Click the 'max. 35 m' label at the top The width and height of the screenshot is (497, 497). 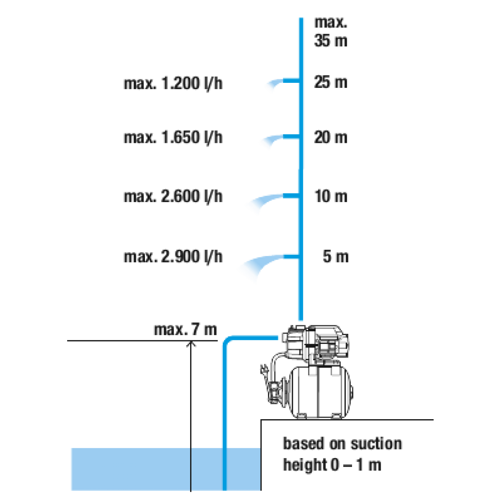[x=330, y=32]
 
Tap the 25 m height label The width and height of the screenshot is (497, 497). [x=330, y=82]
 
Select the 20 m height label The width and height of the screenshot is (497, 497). [x=330, y=138]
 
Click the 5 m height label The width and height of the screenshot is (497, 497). [x=335, y=257]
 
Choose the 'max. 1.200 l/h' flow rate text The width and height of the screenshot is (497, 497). [x=173, y=84]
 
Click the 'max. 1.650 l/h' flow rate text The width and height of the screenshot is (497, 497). [x=173, y=138]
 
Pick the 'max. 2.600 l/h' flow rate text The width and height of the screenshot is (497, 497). [x=173, y=196]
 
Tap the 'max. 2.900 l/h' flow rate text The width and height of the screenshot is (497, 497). [x=173, y=257]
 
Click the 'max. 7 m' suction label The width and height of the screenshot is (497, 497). [x=185, y=330]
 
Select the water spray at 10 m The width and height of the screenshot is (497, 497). [x=259, y=203]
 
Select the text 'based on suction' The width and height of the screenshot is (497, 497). [x=342, y=443]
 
